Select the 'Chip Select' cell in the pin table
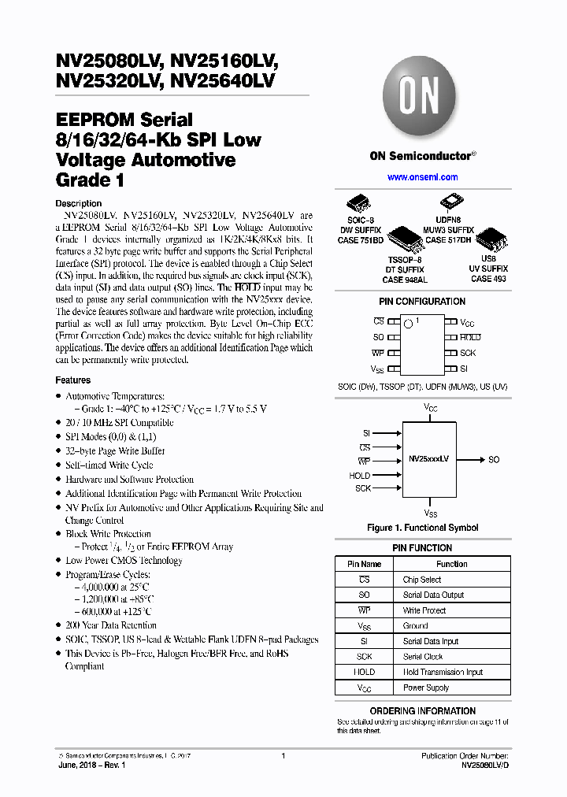pos(422,580)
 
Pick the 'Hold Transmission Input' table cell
pos(443,672)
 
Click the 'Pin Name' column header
pos(365,564)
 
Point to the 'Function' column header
pos(451,564)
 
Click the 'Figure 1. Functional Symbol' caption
pos(422,528)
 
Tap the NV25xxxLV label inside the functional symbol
pos(428,458)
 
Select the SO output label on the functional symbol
pos(494,459)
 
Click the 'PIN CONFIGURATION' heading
pos(422,302)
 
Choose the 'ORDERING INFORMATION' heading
pos(422,711)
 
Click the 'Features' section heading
pos(73,380)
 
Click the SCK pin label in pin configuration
pos(468,353)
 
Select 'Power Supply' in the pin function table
pos(426,688)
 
